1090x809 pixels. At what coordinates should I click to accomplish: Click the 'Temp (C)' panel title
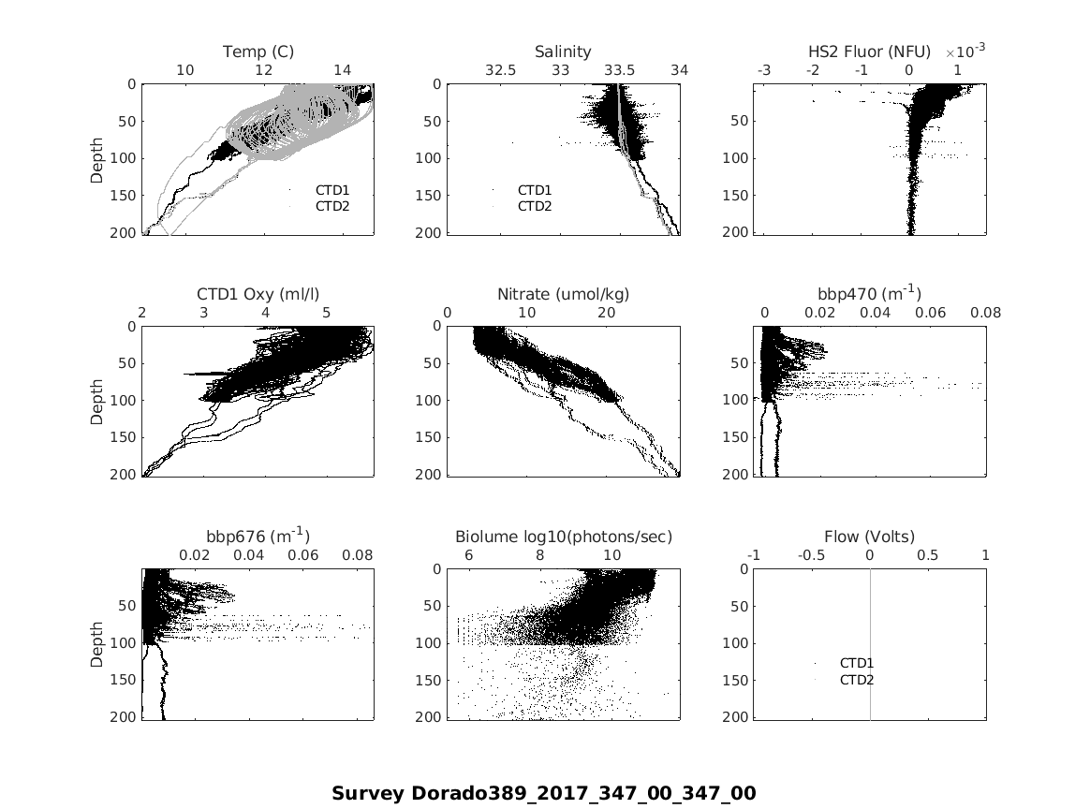[x=258, y=51]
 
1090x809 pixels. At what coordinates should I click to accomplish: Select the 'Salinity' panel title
[x=563, y=51]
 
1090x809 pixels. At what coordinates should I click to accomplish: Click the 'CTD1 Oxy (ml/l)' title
[x=258, y=294]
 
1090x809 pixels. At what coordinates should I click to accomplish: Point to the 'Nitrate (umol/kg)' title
[x=563, y=294]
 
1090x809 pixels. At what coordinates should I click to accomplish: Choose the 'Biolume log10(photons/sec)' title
[x=564, y=537]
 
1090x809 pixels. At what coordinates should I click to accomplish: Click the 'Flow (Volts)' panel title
[x=869, y=537]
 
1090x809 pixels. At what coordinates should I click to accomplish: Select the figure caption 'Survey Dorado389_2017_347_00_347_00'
[x=543, y=794]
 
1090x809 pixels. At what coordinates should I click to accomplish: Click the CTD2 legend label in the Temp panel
[x=332, y=206]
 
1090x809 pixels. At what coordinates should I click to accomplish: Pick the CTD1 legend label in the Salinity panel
[x=535, y=190]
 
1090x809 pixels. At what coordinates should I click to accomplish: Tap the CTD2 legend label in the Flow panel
[x=857, y=680]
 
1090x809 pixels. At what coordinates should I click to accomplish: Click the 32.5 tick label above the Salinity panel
[x=500, y=70]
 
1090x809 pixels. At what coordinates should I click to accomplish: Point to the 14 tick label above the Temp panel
[x=343, y=70]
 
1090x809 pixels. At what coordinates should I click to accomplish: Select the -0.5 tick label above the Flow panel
[x=812, y=555]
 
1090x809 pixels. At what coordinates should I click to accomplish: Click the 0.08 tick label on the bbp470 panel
[x=986, y=313]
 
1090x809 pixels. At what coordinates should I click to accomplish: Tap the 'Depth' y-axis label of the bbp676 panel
[x=97, y=643]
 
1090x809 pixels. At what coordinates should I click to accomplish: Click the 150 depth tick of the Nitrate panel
[x=429, y=437]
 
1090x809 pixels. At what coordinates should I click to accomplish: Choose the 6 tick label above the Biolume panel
[x=469, y=555]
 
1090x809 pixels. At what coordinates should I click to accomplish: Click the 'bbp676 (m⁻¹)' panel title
[x=258, y=536]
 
